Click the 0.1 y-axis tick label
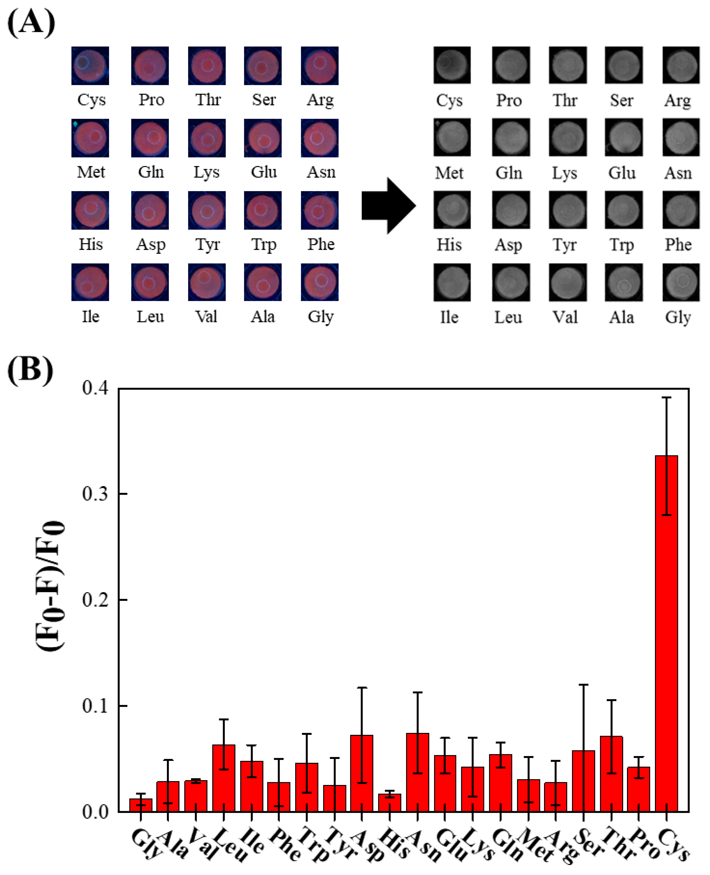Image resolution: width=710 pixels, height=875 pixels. (x=95, y=706)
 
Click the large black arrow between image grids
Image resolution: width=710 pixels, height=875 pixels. (x=389, y=206)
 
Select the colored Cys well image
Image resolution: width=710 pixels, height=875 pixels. (x=90, y=66)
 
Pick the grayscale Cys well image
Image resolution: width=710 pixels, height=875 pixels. (x=452, y=65)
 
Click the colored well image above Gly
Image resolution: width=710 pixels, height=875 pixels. (x=319, y=282)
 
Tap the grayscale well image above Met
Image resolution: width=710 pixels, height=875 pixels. (x=452, y=138)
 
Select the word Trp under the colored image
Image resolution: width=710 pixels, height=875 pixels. (x=264, y=245)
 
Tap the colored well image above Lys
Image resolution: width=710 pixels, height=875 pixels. (x=206, y=138)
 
